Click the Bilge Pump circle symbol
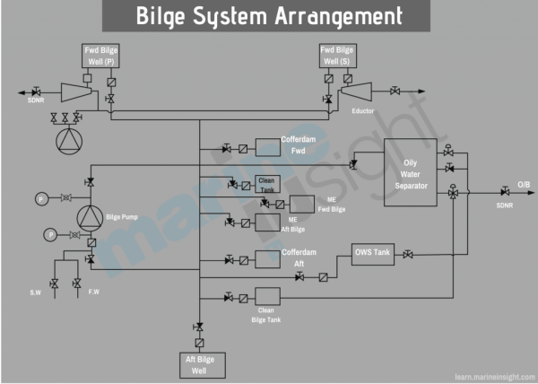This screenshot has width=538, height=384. tap(90, 217)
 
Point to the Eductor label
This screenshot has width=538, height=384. tap(363, 110)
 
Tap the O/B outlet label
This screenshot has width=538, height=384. tap(524, 183)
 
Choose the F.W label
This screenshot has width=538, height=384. tap(93, 292)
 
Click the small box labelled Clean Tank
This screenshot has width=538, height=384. tap(268, 183)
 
